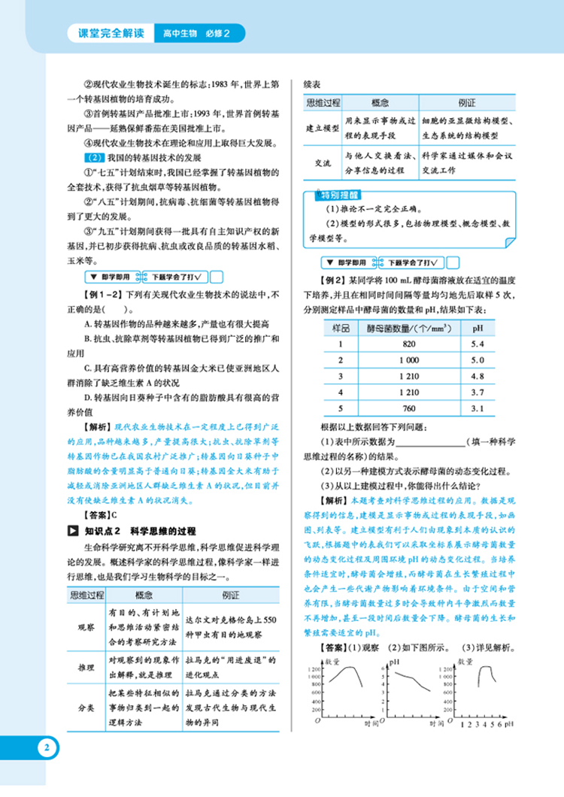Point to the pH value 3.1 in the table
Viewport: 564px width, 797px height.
(x=477, y=408)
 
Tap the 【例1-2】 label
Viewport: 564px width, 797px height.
(x=103, y=292)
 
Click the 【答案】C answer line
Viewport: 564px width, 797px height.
(x=100, y=515)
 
